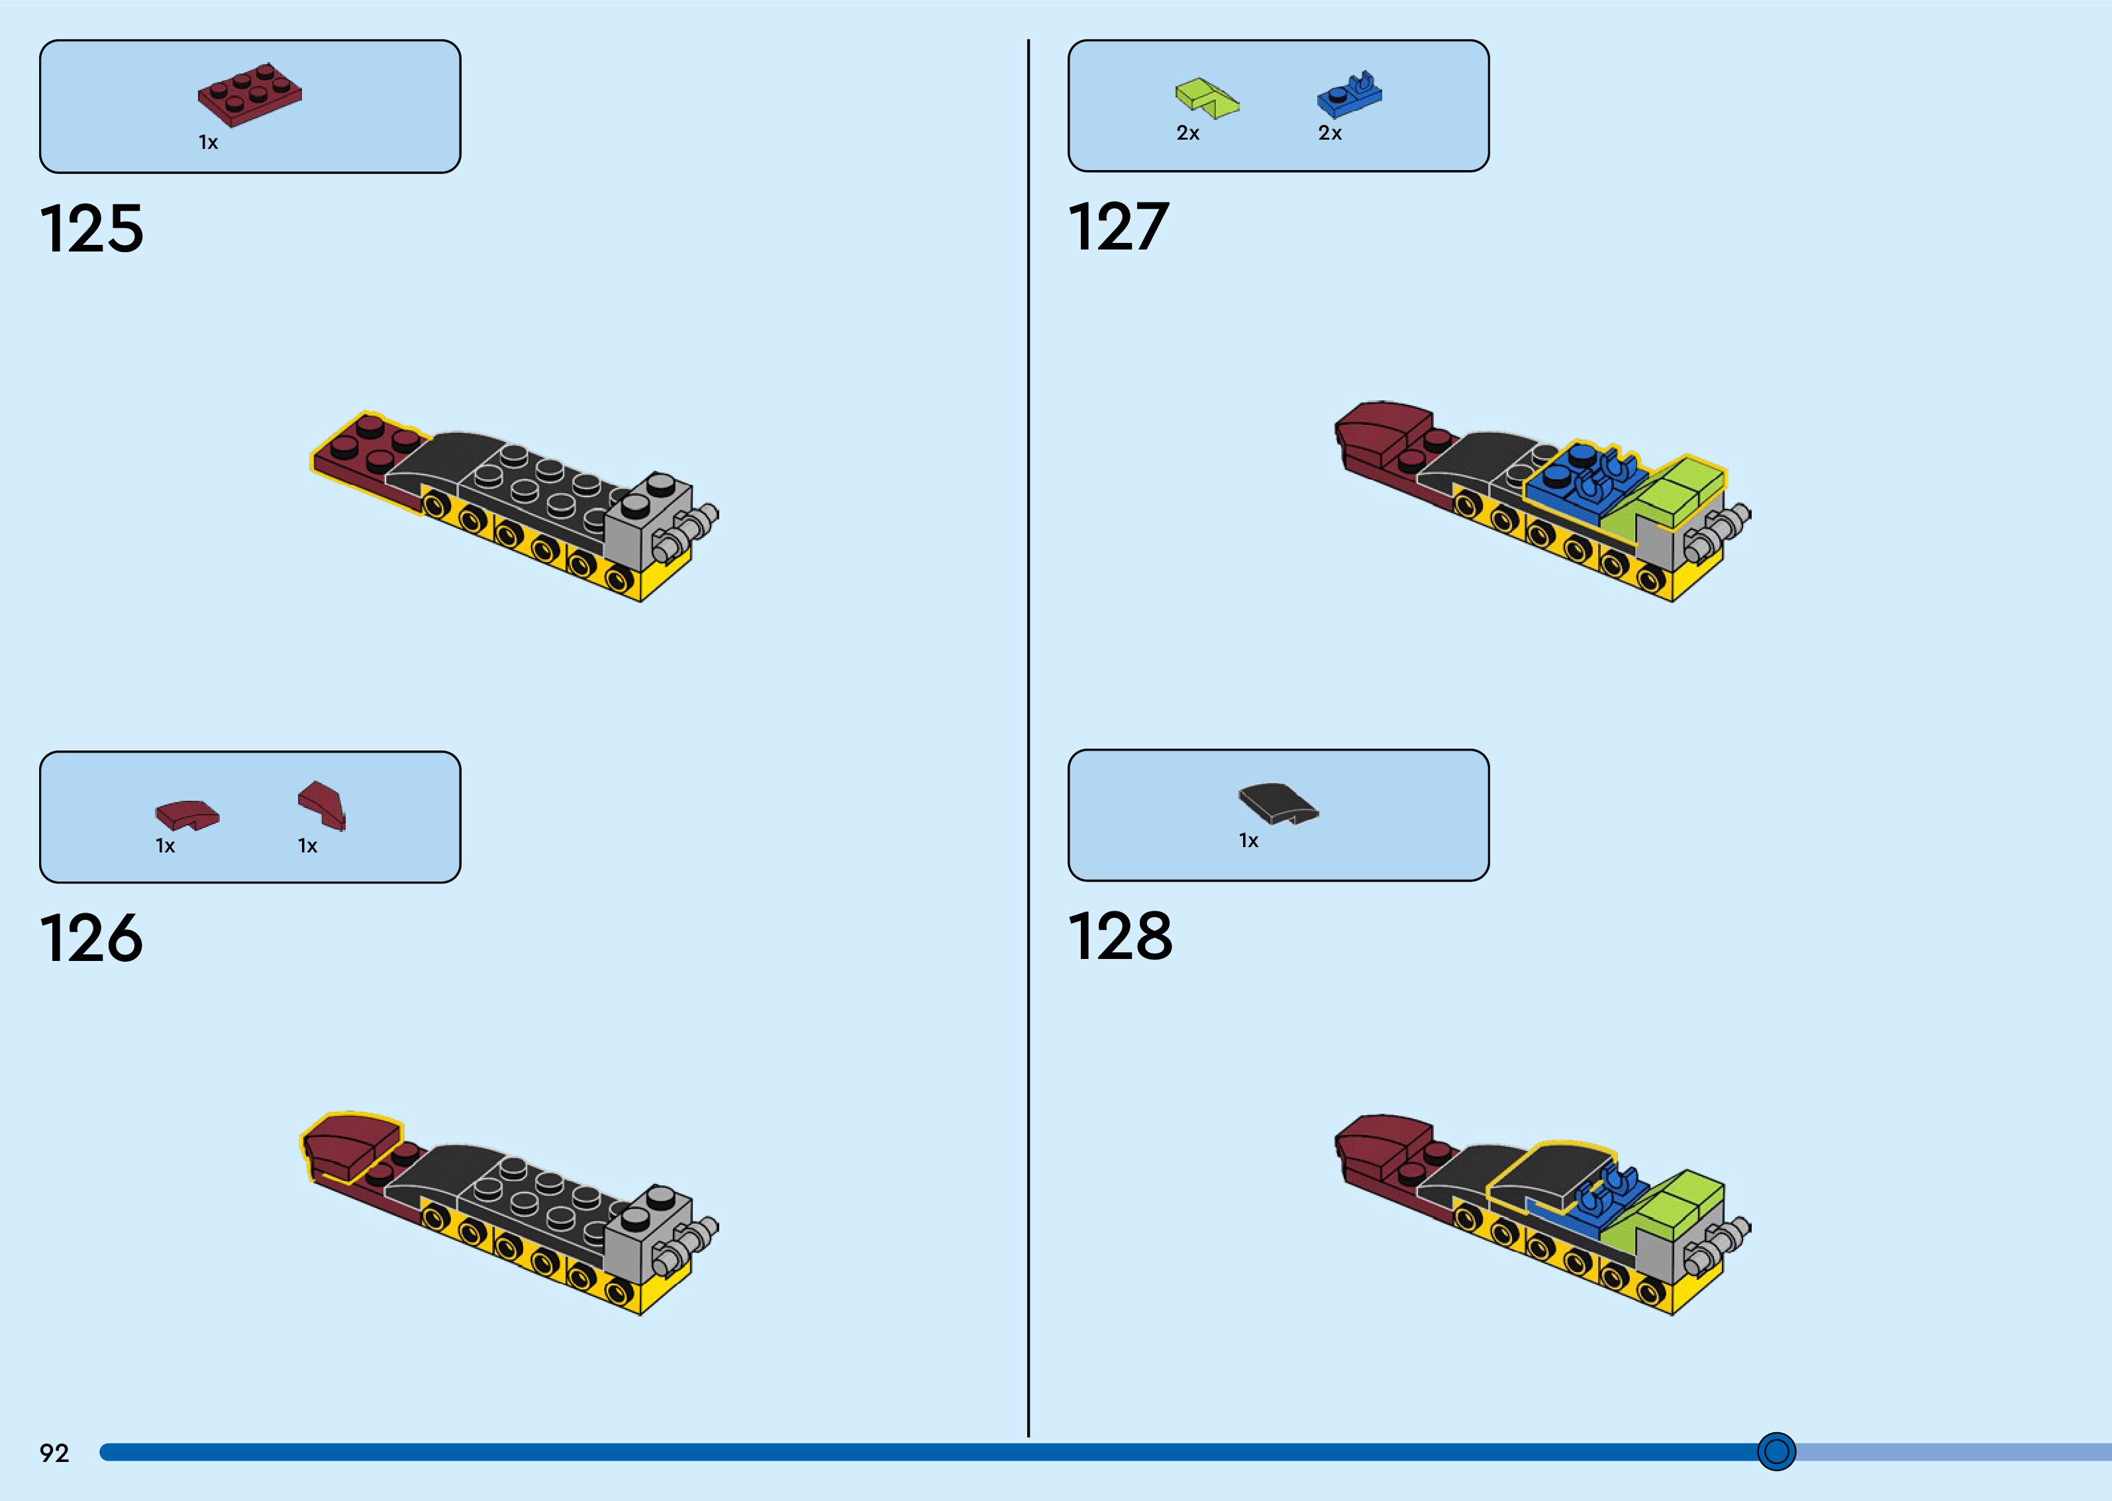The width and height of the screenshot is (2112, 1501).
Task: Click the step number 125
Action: tap(91, 228)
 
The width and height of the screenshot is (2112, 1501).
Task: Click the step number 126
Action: tap(91, 938)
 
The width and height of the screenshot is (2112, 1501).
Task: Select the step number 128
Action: tap(1120, 936)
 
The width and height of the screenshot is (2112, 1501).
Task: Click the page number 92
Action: tap(54, 1453)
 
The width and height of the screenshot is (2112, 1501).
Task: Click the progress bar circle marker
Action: tap(1776, 1451)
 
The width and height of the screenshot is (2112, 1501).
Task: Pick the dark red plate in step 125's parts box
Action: tap(250, 94)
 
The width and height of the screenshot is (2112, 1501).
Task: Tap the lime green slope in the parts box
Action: tap(1207, 98)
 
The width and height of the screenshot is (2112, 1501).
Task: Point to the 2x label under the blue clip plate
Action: tap(1330, 134)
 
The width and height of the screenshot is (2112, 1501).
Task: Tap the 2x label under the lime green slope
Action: tap(1187, 134)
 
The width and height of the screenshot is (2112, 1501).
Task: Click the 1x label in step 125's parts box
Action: tap(208, 143)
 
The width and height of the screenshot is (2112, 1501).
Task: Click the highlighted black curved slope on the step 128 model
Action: tap(1549, 1174)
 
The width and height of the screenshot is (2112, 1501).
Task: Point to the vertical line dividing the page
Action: tap(1029, 739)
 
